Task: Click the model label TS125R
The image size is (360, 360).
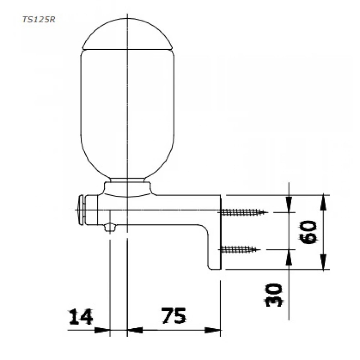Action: [39, 20]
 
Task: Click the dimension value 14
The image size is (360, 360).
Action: [81, 316]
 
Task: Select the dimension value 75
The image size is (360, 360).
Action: [174, 315]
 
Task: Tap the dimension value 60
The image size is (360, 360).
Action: [309, 232]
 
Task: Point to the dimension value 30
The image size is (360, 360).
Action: [274, 295]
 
